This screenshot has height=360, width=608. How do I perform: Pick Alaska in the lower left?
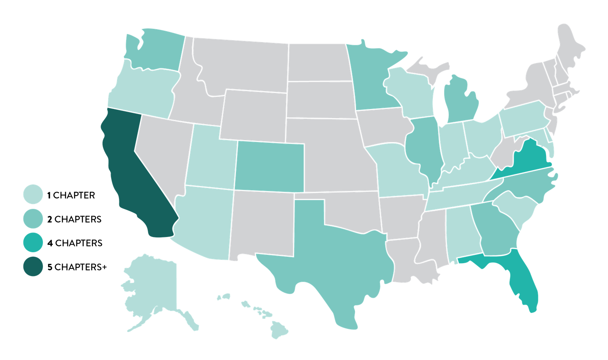point(152,289)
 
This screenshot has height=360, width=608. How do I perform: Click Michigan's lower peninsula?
point(460,103)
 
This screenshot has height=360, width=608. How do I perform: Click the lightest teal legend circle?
point(33,193)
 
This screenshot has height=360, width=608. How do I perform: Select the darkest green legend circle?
point(33,267)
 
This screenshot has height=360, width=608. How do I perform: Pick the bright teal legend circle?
point(33,242)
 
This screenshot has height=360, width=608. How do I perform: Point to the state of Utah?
point(209,159)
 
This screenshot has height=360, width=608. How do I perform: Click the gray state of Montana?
point(239,65)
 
